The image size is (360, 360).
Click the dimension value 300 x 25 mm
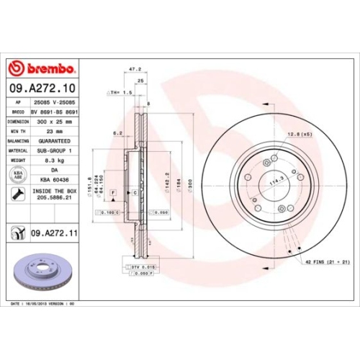tap(55, 122)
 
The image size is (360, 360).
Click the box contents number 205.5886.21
tap(55, 199)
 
